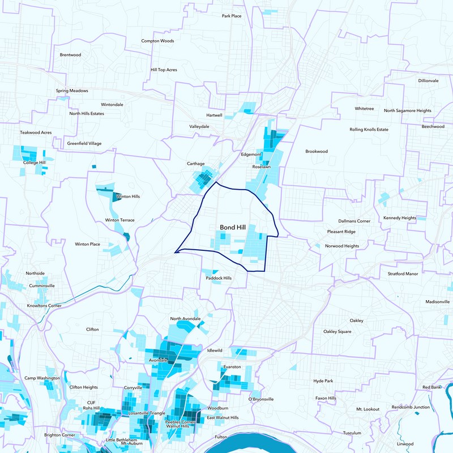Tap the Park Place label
coord(232,16)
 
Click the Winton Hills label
coord(127,196)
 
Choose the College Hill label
coord(34,163)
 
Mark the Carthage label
coord(195,164)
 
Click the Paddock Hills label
coord(219,278)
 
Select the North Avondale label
coord(185,319)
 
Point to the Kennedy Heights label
coord(400,218)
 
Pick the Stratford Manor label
coord(403,273)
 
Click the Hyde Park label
coord(323,381)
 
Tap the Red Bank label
coord(431,387)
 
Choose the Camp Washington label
coord(42,378)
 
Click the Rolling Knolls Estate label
coord(369,130)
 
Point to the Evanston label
coord(232,367)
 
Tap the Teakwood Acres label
coord(36,133)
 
